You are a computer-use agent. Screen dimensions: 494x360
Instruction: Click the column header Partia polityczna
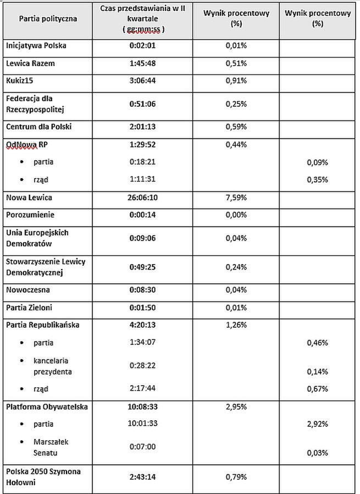coord(48,18)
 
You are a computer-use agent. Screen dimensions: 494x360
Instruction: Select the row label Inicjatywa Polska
coord(36,46)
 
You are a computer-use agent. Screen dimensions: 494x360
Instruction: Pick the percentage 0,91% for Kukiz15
coord(236,81)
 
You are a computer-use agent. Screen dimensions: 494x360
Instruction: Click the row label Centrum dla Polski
coord(38,127)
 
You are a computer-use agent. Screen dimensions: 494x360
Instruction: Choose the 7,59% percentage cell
coord(236,197)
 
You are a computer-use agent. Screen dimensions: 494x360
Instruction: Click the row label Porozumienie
coord(30,215)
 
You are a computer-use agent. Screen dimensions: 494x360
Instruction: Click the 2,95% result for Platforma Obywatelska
coord(236,407)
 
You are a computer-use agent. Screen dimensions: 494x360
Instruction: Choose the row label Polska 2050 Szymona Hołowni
coord(42,476)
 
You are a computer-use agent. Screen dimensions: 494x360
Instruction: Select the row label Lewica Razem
coord(30,63)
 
